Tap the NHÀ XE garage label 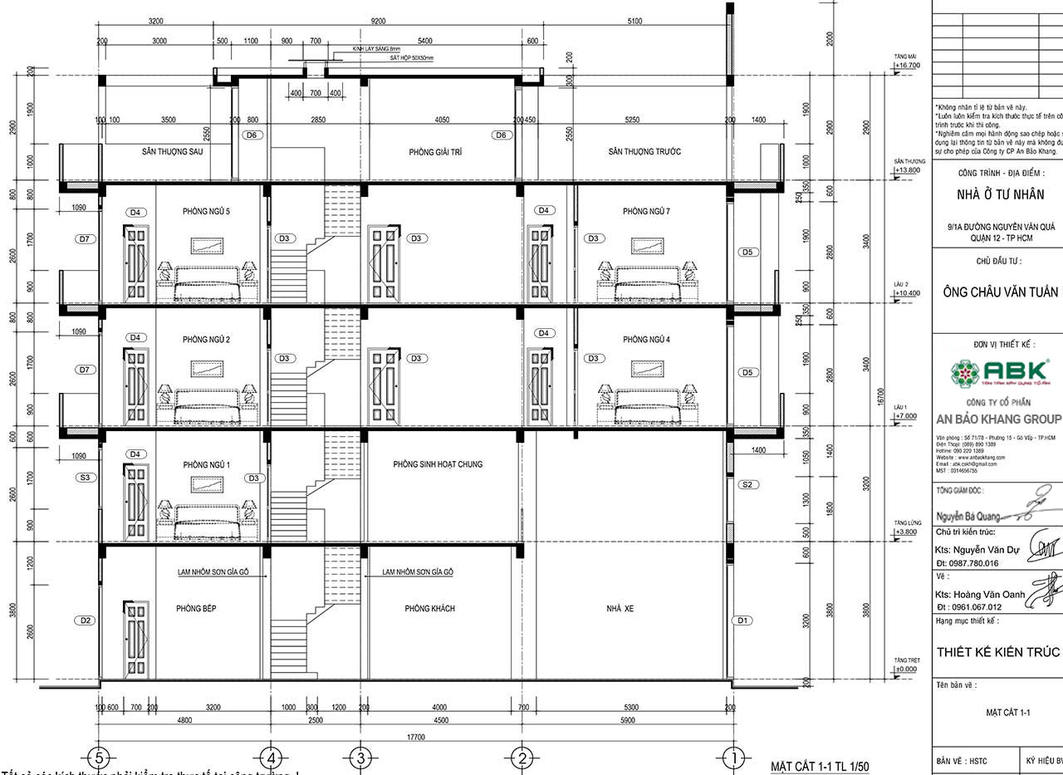[x=620, y=609]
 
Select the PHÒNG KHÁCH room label [x=429, y=609]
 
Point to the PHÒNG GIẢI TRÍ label [x=434, y=152]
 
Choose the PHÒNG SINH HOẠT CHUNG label [x=438, y=464]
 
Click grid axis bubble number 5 [x=100, y=758]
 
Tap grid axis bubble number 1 [x=734, y=758]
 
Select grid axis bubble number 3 [x=360, y=758]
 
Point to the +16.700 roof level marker [x=907, y=64]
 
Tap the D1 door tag [x=743, y=620]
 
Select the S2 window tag [x=746, y=484]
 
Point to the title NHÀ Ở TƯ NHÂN [x=1000, y=195]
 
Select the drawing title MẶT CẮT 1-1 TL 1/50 [x=820, y=766]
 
